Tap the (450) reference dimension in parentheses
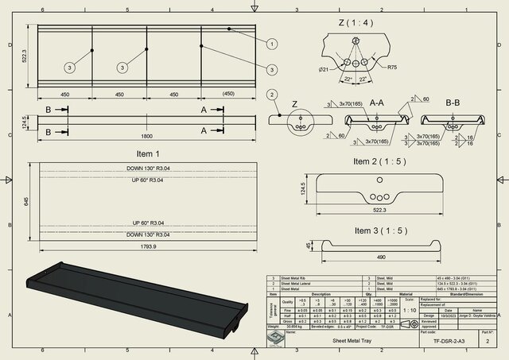(x=228, y=95)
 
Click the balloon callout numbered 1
(x=271, y=44)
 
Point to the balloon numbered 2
(x=272, y=95)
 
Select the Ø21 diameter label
(x=324, y=69)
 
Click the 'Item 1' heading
(x=147, y=153)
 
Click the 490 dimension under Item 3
(x=380, y=258)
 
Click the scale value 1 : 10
(x=409, y=309)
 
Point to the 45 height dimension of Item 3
(x=311, y=245)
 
